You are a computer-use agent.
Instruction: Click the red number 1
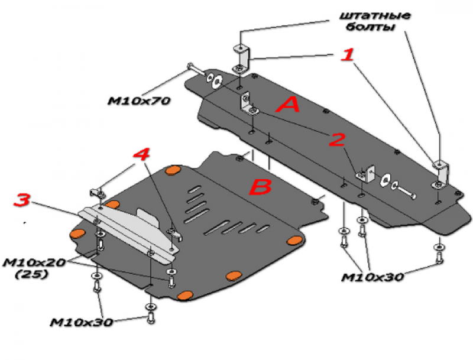346,56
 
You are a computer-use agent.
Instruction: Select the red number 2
336,140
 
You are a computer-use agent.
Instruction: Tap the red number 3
22,200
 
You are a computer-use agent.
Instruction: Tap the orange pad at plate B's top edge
173,171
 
